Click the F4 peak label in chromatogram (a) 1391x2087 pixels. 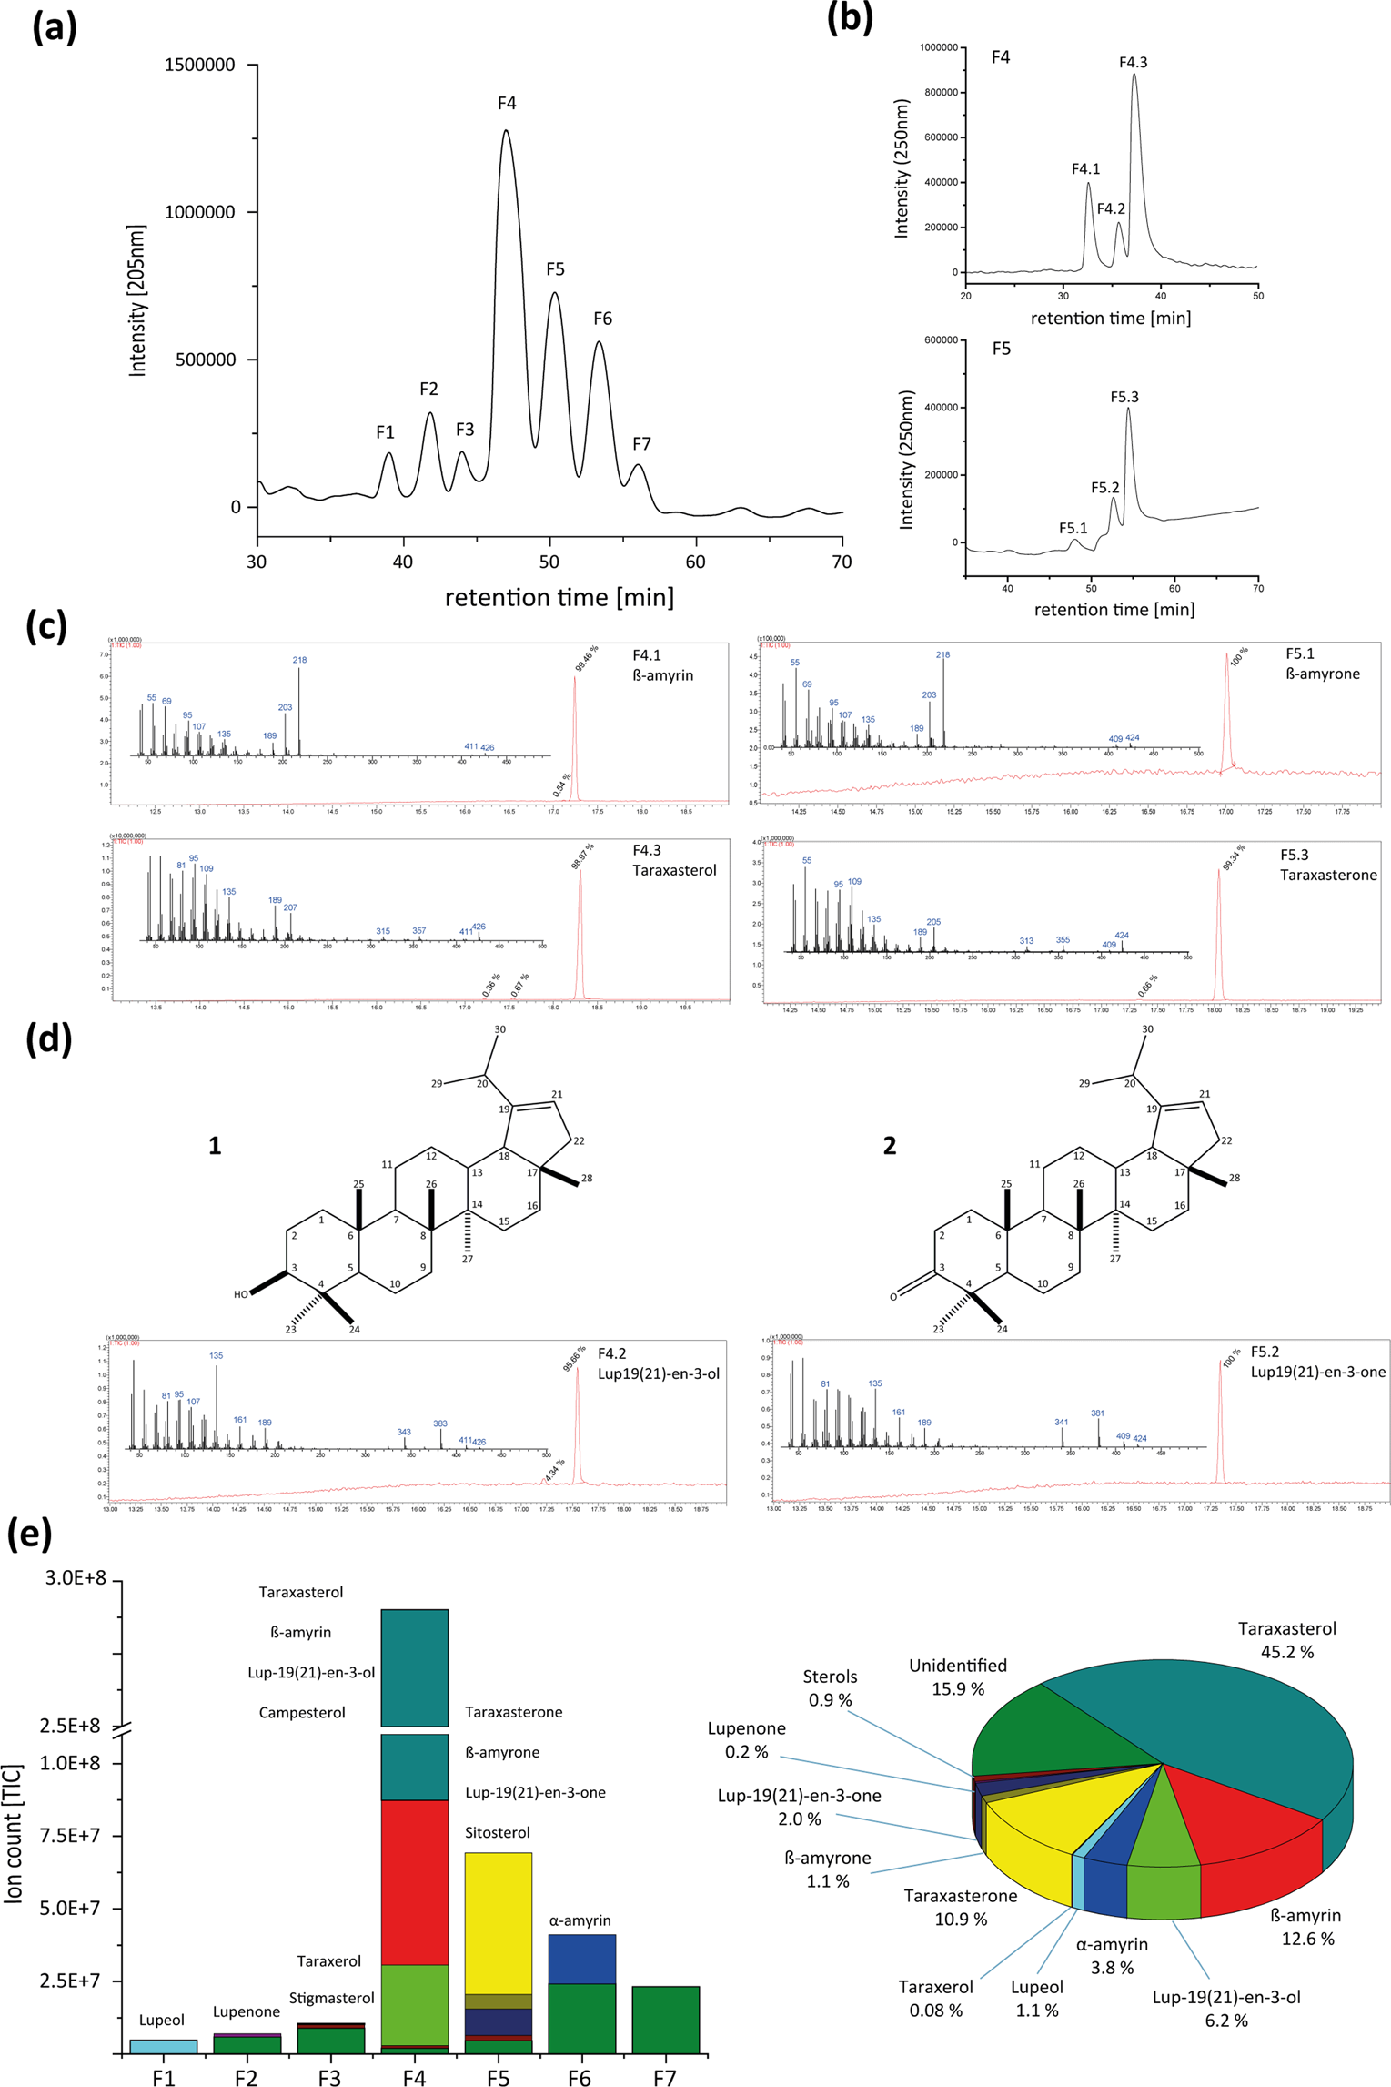[x=507, y=104]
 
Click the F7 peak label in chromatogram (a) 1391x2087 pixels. [x=641, y=444]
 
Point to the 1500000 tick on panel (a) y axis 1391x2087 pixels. [x=199, y=66]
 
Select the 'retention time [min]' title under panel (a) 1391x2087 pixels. [x=559, y=598]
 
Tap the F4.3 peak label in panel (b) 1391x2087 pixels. [x=1133, y=63]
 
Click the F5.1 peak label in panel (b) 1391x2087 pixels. [x=1073, y=529]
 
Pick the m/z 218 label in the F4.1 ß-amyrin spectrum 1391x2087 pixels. [x=299, y=660]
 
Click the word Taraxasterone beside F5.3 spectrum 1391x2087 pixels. [x=1328, y=875]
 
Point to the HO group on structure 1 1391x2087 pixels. [x=241, y=1294]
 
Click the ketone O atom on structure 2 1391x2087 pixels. [x=893, y=1296]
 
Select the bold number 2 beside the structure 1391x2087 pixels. [x=889, y=1146]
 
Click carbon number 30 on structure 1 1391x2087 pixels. [x=499, y=1029]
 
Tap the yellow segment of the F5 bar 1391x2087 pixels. [x=498, y=1920]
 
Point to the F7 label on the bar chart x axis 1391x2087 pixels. [x=664, y=2077]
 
